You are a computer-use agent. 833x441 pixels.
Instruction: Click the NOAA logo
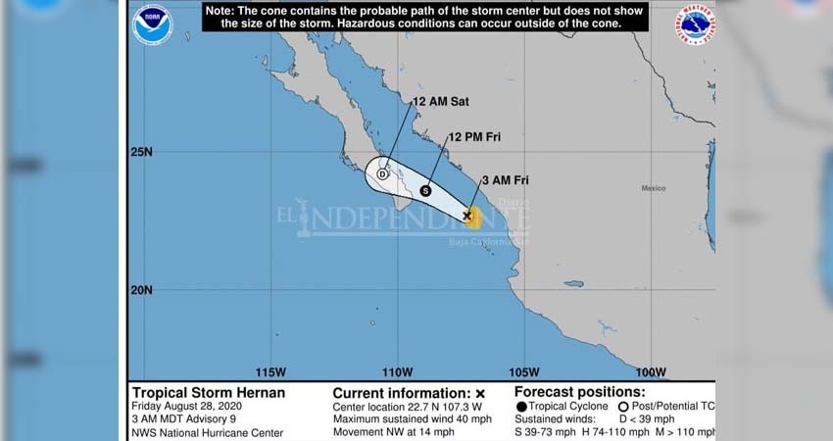tap(152, 24)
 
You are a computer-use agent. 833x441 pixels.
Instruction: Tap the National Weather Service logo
tap(694, 24)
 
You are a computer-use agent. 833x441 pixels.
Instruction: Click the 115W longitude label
tap(269, 372)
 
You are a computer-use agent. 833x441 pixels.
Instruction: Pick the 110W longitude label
tap(396, 372)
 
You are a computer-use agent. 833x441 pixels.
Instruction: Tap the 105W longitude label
tap(523, 372)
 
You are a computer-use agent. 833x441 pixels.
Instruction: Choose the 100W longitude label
tap(650, 372)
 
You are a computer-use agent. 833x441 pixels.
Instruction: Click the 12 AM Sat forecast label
tap(440, 101)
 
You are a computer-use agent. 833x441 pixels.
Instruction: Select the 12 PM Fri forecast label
tap(474, 137)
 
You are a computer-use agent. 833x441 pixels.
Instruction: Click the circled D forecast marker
tap(383, 173)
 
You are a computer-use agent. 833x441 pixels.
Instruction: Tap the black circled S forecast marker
tap(426, 190)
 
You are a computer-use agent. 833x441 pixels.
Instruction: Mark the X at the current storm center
tap(467, 214)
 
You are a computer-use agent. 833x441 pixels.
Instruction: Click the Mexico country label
tap(654, 188)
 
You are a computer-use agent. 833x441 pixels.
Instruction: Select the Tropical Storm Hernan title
tap(209, 392)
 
